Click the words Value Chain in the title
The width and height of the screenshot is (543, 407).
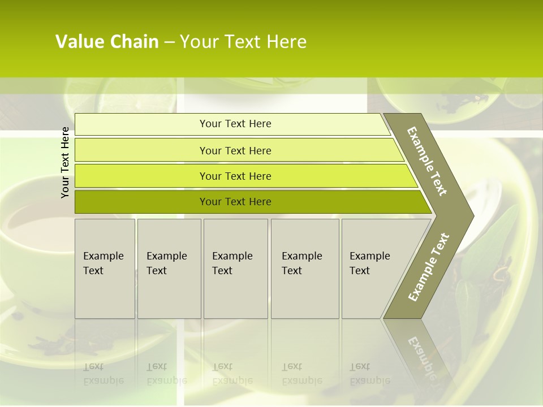107,42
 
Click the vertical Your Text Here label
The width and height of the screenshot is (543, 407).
66,162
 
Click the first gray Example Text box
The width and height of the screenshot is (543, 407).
105,269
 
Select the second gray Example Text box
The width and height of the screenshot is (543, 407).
169,269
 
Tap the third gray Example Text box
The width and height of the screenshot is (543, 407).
235,269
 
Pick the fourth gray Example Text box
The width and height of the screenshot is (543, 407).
305,269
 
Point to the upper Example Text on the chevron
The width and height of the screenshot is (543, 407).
427,161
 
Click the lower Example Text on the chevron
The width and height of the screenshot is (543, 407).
429,267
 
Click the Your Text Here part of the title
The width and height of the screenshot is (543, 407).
243,42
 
